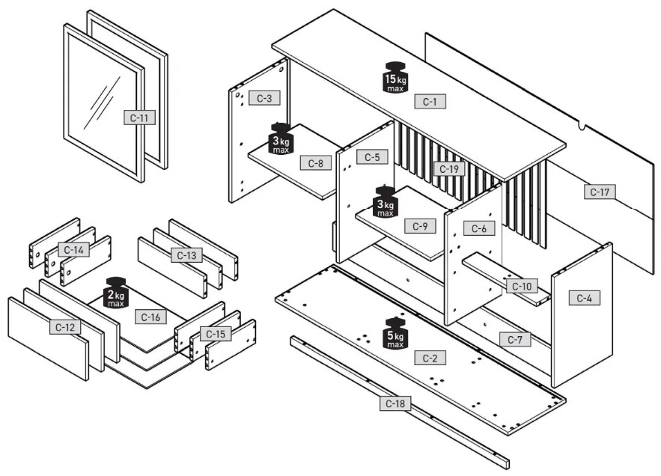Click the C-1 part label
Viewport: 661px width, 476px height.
429,102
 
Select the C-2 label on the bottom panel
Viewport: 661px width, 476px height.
429,358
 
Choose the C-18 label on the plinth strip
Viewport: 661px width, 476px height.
395,403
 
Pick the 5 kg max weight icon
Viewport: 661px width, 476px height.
395,333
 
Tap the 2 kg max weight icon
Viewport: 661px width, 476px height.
116,293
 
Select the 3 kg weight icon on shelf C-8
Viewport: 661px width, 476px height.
281,138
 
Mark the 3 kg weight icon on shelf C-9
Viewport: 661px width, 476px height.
386,201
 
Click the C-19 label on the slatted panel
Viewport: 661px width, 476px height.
449,169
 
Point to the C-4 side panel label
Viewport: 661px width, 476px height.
585,298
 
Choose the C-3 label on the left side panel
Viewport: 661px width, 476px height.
264,98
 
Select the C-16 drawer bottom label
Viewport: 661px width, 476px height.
150,317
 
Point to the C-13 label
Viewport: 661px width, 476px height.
189,255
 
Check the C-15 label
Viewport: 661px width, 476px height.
216,334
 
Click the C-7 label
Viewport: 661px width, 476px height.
515,340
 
